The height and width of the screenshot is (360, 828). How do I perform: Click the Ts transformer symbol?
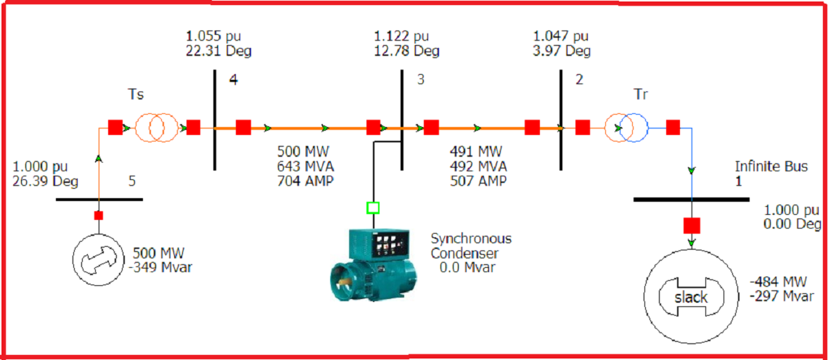pos(154,128)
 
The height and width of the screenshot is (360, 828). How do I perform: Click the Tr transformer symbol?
pos(625,128)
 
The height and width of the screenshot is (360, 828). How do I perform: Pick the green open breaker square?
pos(373,208)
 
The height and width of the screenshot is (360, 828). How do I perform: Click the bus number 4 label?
pos(233,80)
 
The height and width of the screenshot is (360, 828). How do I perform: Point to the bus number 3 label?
pos(420,80)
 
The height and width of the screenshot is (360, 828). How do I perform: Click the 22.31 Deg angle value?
pos(218,51)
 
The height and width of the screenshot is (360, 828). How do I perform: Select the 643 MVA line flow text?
pos(306,166)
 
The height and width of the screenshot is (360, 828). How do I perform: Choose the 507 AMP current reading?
pos(479,181)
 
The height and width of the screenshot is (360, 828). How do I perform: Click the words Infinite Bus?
pos(771,167)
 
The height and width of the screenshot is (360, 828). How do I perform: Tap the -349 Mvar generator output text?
pos(163,268)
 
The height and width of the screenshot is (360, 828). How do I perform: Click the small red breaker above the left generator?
pos(99,216)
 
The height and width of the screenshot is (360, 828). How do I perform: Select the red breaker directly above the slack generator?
pos(692,224)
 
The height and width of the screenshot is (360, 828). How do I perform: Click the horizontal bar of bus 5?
pos(99,199)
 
